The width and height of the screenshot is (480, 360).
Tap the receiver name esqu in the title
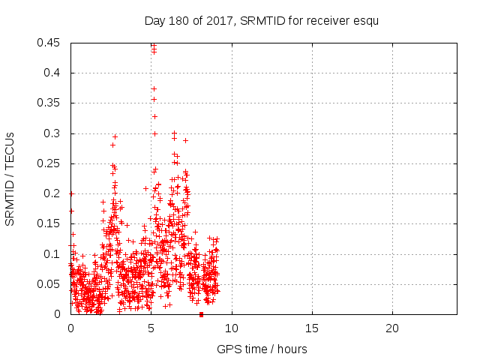365,21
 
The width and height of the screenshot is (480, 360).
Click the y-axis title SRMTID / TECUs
10,178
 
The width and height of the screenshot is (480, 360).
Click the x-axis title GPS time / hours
262,349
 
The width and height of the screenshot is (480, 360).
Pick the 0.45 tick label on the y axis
52,43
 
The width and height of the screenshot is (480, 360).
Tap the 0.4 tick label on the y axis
55,73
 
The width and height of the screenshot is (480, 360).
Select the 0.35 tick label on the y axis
52,103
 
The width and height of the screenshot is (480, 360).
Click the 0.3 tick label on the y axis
55,133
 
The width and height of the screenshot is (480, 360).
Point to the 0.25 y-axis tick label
52,163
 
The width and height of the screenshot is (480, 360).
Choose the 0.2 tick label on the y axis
55,193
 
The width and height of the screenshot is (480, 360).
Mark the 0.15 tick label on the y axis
52,223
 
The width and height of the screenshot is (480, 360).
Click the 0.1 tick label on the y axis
55,253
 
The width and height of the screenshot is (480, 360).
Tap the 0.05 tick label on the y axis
52,284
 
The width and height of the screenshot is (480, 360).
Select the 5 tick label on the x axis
151,328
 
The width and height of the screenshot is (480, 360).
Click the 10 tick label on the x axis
232,328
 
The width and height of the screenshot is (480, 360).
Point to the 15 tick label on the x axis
312,328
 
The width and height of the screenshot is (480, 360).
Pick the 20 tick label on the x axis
392,328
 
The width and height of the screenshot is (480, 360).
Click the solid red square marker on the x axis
201,314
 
